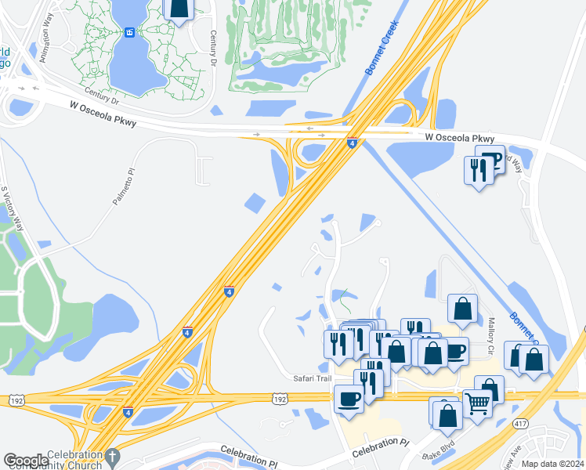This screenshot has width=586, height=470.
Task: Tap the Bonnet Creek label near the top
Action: click(382, 48)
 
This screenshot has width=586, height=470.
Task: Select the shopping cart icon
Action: click(477, 404)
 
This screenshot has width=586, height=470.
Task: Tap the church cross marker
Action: click(112, 456)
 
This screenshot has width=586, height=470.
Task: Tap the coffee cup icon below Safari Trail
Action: click(349, 399)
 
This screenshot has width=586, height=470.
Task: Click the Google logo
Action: click(26, 461)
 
